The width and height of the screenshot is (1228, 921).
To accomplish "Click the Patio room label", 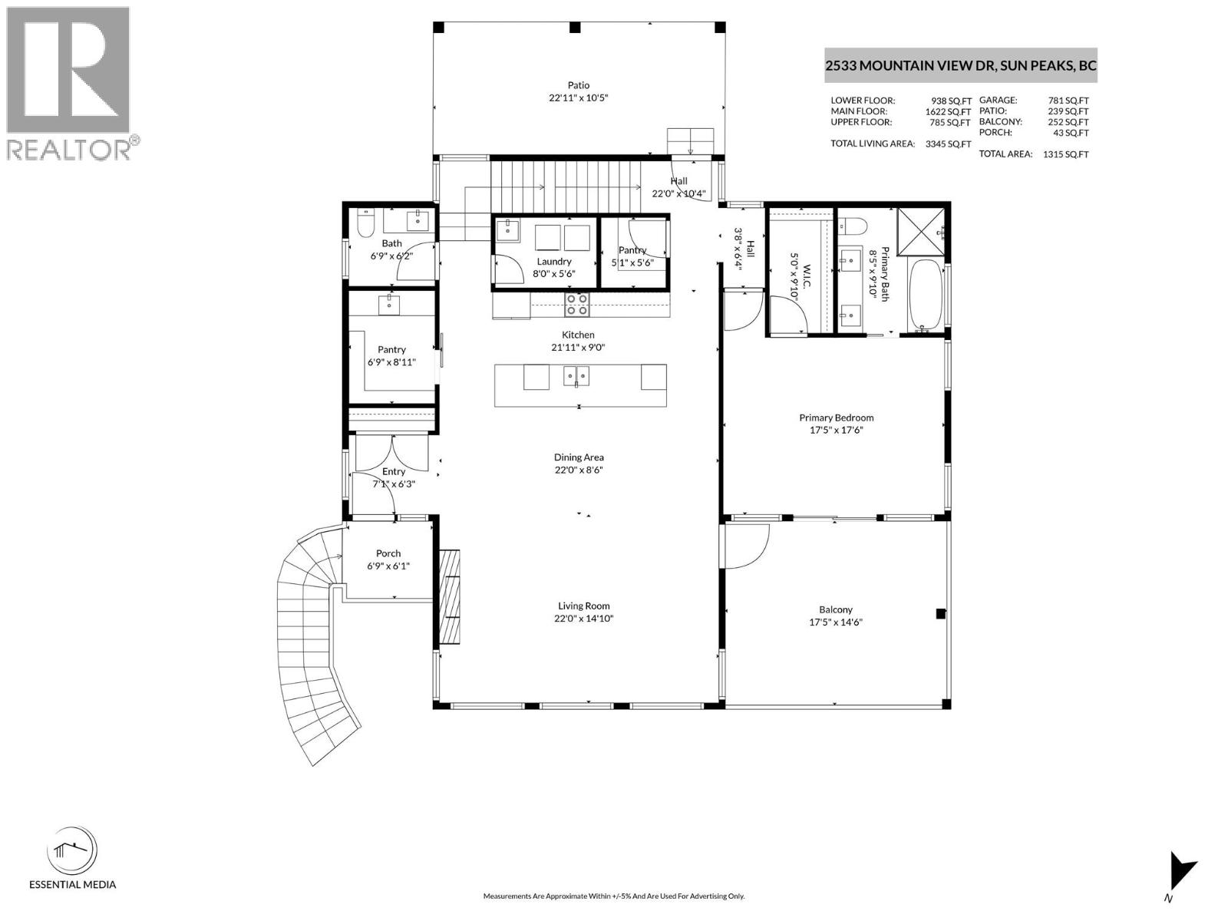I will [579, 85].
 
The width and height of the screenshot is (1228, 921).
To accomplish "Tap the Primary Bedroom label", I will [836, 418].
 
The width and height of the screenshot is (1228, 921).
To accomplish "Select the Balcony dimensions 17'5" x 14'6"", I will [836, 622].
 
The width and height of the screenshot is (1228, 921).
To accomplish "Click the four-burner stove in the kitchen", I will [576, 305].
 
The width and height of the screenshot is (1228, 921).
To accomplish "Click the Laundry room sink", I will [507, 229].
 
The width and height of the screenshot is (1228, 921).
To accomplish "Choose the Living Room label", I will [583, 606].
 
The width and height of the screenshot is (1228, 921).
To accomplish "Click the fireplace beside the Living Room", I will [450, 596].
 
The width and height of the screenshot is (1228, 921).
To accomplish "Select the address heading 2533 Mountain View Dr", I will [960, 66].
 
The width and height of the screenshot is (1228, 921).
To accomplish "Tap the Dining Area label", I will [579, 457].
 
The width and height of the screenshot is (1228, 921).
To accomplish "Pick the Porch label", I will [388, 553].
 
